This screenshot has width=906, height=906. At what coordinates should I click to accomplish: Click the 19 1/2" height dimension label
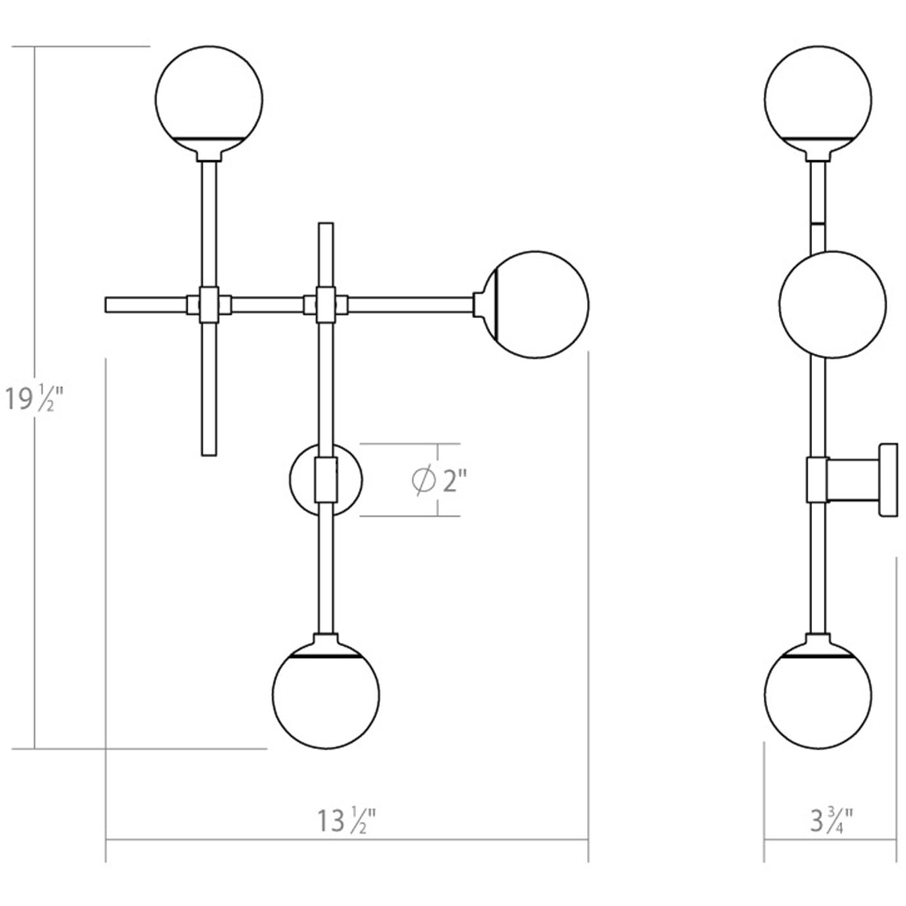click(x=33, y=398)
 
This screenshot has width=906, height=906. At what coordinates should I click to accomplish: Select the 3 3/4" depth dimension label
click(x=831, y=820)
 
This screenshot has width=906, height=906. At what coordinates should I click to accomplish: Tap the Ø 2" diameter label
click(x=439, y=480)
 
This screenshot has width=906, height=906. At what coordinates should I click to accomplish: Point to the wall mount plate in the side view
click(x=889, y=480)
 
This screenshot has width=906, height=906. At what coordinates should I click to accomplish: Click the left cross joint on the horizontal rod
click(x=209, y=304)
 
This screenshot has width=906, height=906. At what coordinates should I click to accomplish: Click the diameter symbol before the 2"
click(x=422, y=480)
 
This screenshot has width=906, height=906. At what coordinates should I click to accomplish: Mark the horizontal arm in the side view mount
click(x=854, y=480)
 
